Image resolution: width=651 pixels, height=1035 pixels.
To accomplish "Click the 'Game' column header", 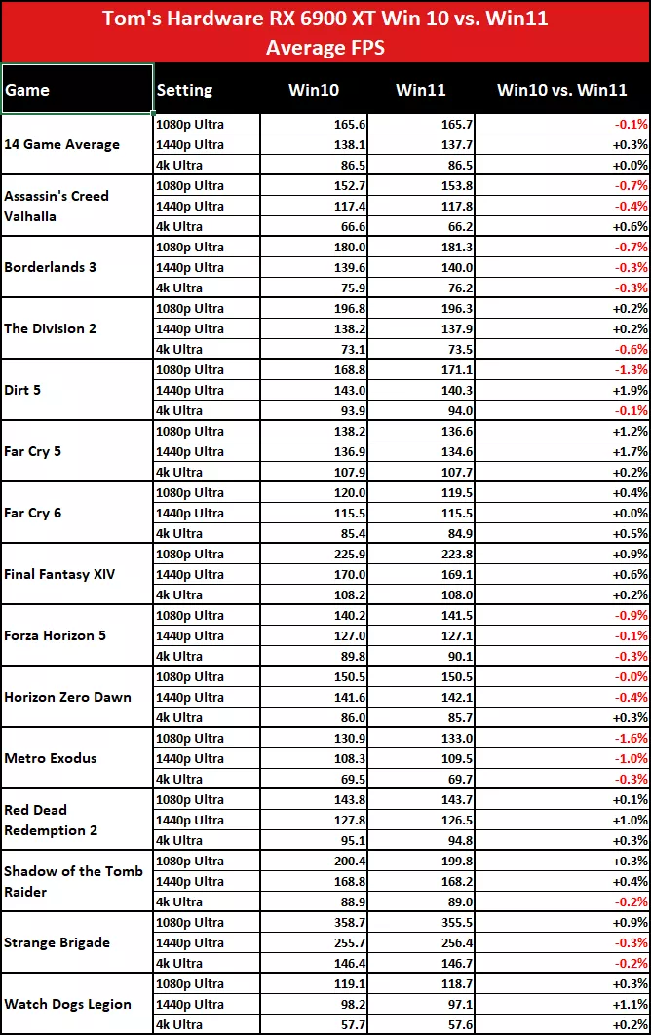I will pos(27,90).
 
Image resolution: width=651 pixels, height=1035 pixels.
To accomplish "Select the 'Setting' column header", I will pos(184,90).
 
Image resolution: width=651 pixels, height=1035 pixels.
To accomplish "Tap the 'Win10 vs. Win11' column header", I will pos(561,90).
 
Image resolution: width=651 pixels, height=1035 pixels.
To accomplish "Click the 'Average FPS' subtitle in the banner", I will pos(325,46).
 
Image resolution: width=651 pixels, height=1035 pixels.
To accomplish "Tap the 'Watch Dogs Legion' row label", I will pos(67,1004).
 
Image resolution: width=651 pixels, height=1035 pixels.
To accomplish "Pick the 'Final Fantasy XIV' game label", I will pos(59,574).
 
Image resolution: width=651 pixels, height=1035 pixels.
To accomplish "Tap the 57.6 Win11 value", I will pos(430,1024).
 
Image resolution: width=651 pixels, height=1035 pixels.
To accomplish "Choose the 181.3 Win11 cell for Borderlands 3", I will pos(430,247).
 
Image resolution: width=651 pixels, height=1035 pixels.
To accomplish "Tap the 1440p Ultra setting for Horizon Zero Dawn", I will pos(190,697).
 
